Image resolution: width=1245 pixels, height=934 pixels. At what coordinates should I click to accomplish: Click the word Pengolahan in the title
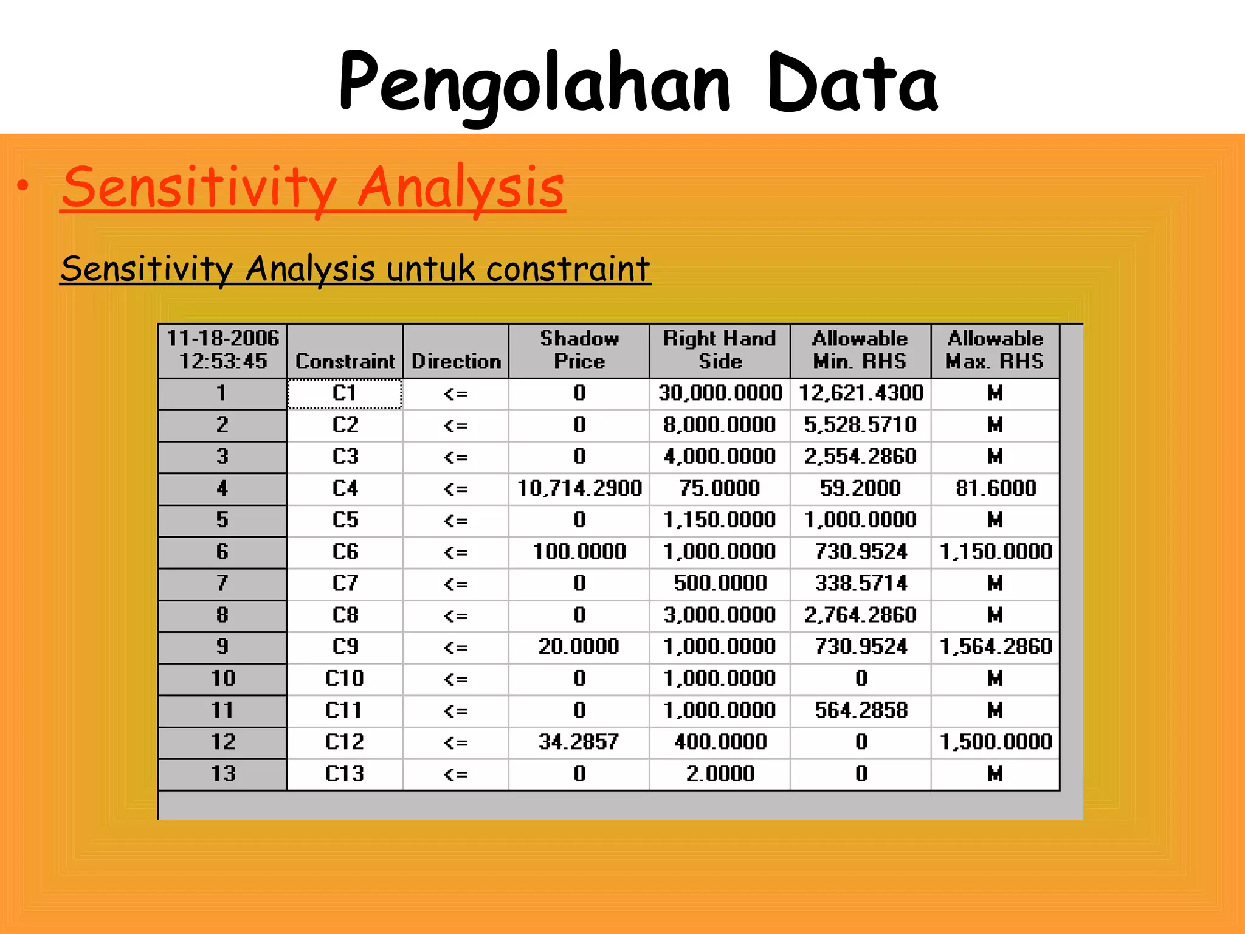[x=535, y=84]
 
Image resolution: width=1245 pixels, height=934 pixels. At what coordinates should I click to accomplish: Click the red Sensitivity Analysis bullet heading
[x=313, y=187]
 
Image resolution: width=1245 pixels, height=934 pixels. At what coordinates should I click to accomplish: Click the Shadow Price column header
[x=579, y=350]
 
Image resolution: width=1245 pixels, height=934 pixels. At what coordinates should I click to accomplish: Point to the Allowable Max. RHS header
[x=995, y=350]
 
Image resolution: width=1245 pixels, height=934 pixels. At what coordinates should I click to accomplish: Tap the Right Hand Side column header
[x=720, y=350]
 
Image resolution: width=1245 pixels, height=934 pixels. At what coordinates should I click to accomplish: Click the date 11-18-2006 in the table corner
[x=222, y=338]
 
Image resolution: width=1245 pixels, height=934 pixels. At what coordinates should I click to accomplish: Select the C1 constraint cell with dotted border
[x=344, y=393]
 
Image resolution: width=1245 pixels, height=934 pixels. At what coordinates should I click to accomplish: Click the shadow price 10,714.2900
[x=579, y=488]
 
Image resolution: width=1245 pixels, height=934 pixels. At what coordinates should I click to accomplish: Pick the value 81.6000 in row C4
[x=995, y=488]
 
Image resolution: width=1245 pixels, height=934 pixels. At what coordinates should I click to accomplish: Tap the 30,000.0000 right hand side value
[x=720, y=393]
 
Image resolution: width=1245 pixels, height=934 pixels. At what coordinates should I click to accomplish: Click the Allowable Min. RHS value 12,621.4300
[x=860, y=393]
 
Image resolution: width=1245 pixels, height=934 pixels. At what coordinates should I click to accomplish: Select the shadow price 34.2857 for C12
[x=579, y=742]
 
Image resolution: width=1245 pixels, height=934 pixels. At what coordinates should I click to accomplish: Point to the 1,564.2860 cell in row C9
[x=995, y=646]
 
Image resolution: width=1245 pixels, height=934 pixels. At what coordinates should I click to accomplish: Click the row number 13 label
[x=222, y=773]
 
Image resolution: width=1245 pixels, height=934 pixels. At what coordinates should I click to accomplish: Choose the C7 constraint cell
[x=345, y=584]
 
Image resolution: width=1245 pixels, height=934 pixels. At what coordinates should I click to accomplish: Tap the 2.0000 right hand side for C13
[x=720, y=773]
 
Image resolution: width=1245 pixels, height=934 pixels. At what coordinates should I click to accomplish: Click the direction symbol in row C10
[x=455, y=679]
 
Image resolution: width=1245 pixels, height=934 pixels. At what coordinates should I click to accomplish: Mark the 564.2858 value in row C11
[x=860, y=710]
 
